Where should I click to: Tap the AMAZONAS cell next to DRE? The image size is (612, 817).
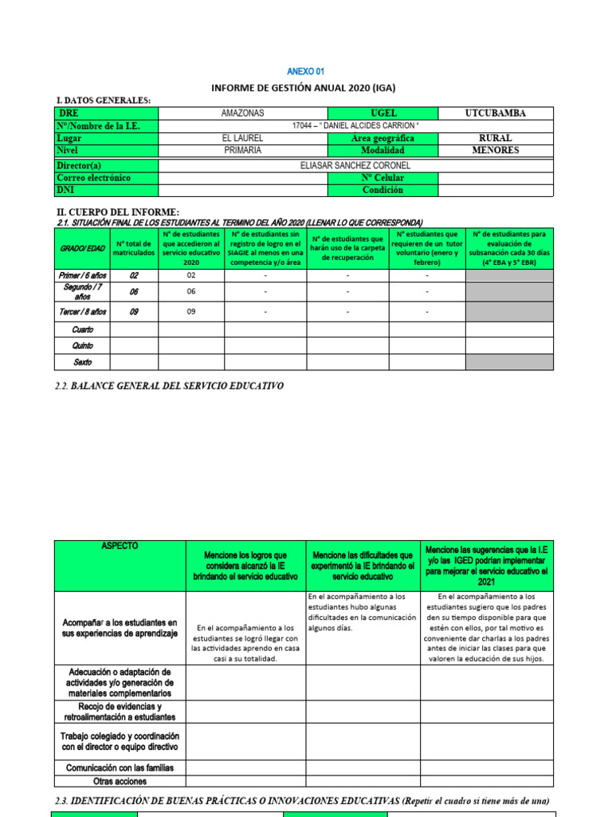(242, 113)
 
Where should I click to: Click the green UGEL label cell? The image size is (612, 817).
(382, 113)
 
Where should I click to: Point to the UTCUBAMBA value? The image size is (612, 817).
(495, 113)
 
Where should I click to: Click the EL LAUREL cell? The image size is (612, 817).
(242, 138)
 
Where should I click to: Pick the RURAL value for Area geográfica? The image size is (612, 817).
(495, 138)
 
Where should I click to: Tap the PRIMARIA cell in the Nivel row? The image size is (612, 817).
(242, 150)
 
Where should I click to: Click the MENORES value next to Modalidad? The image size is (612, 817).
(495, 150)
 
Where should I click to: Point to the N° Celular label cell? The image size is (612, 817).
(382, 178)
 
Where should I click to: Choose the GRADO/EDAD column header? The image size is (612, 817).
(82, 248)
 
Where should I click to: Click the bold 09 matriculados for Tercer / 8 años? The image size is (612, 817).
(134, 312)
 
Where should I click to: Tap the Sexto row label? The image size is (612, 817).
(82, 362)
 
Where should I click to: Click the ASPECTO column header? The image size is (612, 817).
(120, 546)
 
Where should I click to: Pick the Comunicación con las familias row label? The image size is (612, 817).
(120, 768)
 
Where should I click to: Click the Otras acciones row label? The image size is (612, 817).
(120, 781)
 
